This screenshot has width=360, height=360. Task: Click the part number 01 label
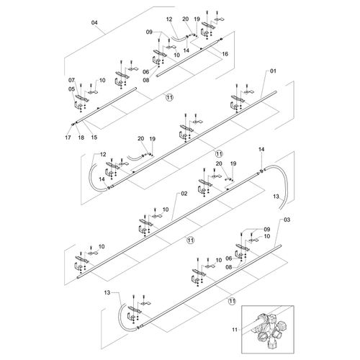click(273, 71)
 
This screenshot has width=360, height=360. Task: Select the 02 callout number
click(184, 194)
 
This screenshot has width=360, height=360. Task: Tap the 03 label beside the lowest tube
click(287, 220)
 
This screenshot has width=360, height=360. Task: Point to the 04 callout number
click(94, 23)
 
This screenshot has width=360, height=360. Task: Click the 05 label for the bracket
click(71, 89)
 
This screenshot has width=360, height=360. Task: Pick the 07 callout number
click(71, 80)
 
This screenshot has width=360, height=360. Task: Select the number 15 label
click(94, 138)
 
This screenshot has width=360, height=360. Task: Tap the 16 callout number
click(225, 54)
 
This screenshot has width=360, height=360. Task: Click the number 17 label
click(68, 138)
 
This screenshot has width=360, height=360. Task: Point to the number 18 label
click(81, 138)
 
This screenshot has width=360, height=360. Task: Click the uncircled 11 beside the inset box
click(235, 330)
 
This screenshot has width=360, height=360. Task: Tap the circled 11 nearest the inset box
click(232, 301)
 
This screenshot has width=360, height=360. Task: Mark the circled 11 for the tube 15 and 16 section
click(169, 97)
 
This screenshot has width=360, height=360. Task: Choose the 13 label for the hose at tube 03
click(107, 292)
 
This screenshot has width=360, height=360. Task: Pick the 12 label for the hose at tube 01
click(103, 154)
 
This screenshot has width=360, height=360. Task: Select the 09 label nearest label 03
click(267, 230)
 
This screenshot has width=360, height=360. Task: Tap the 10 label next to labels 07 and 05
click(102, 80)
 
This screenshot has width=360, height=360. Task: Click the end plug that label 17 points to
click(73, 124)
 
